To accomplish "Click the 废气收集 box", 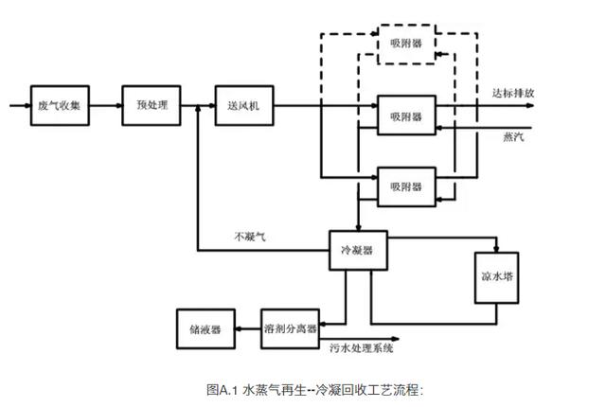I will click(x=60, y=104).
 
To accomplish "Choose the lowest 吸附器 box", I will click(x=406, y=185).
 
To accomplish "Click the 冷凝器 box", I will click(x=357, y=250).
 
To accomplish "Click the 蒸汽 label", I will click(x=515, y=137).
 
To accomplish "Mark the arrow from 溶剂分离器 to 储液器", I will click(x=247, y=327).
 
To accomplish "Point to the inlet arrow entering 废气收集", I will click(x=19, y=104).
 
